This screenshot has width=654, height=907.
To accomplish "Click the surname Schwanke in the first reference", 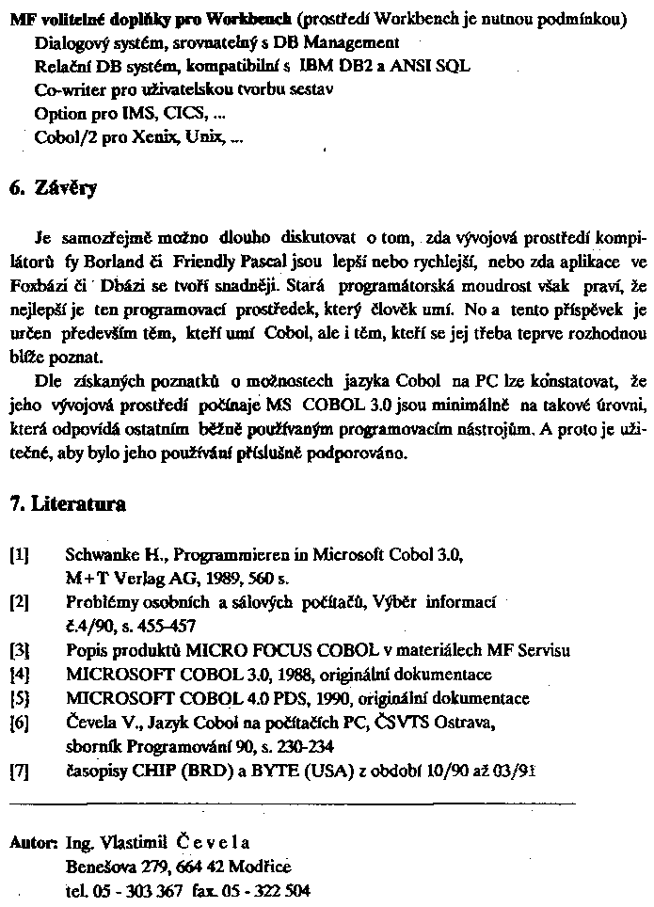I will (100, 555).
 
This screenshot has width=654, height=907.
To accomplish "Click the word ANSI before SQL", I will (411, 67).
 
